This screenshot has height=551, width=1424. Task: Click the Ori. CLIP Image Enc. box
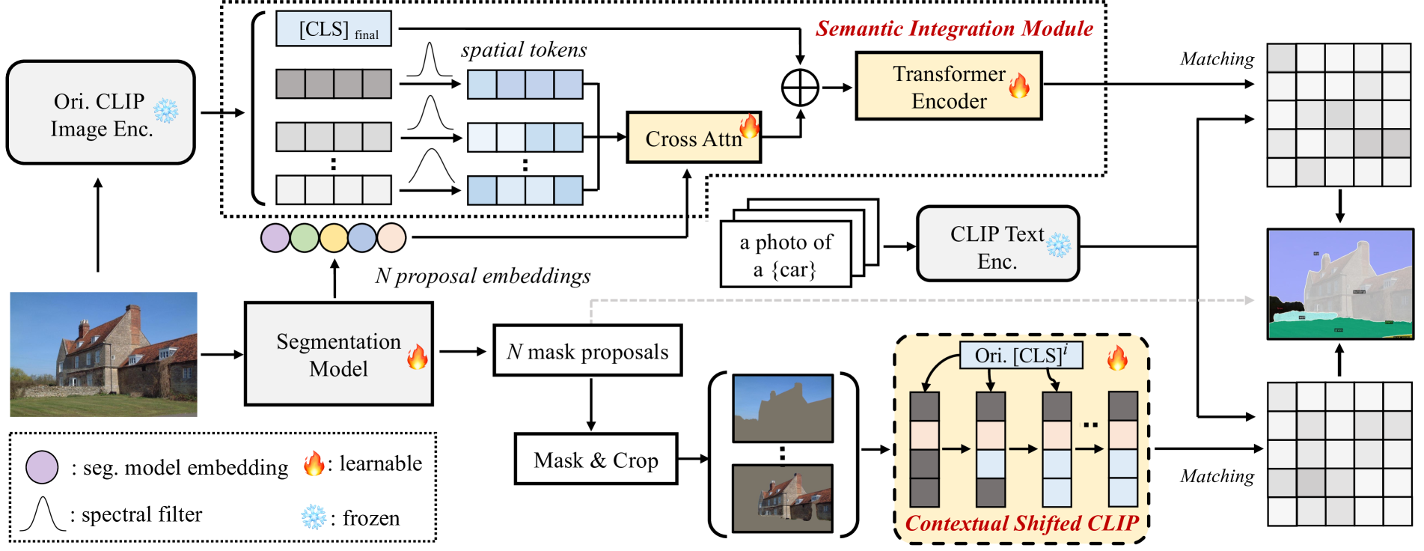click(x=100, y=113)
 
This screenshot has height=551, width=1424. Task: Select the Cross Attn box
click(x=693, y=138)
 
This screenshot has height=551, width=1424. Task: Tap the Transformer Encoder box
click(x=948, y=86)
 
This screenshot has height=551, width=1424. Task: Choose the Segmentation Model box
click(x=338, y=354)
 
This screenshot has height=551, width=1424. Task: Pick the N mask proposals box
click(x=587, y=350)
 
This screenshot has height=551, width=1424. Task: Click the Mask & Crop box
click(x=596, y=459)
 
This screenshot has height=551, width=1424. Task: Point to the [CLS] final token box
click(x=334, y=29)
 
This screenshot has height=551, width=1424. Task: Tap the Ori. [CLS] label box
click(x=1021, y=355)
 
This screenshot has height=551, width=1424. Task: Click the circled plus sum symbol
click(x=800, y=88)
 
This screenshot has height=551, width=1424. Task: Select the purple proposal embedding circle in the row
click(x=275, y=238)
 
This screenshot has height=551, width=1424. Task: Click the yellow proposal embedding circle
click(x=334, y=238)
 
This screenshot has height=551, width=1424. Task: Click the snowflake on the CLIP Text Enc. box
click(x=1058, y=245)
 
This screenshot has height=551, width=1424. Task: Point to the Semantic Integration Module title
click(x=954, y=28)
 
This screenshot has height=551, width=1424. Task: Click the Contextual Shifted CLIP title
click(x=1021, y=523)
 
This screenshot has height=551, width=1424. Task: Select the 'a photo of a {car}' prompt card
click(x=786, y=255)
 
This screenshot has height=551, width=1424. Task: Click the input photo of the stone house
click(x=103, y=354)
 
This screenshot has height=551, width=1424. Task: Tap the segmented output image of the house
click(x=1339, y=284)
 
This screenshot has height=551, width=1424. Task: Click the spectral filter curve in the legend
click(x=43, y=514)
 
